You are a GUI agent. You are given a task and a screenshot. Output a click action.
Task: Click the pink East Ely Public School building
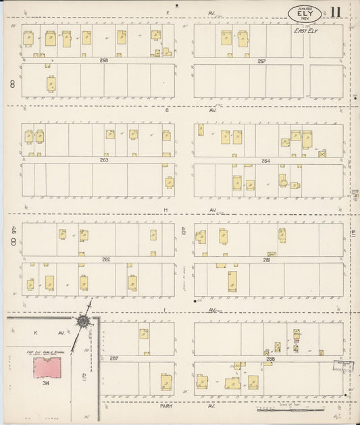coord(47,368)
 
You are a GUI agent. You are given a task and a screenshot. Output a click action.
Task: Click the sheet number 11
coord(336,12)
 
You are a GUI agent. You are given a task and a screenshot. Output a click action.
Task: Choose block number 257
coord(261,61)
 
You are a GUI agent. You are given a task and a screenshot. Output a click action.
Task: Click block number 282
coord(105,259)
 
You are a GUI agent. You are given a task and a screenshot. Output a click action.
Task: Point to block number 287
coord(113,358)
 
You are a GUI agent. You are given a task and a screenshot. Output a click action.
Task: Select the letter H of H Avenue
coord(165,209)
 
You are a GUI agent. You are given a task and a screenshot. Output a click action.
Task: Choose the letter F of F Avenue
coord(169,12)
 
